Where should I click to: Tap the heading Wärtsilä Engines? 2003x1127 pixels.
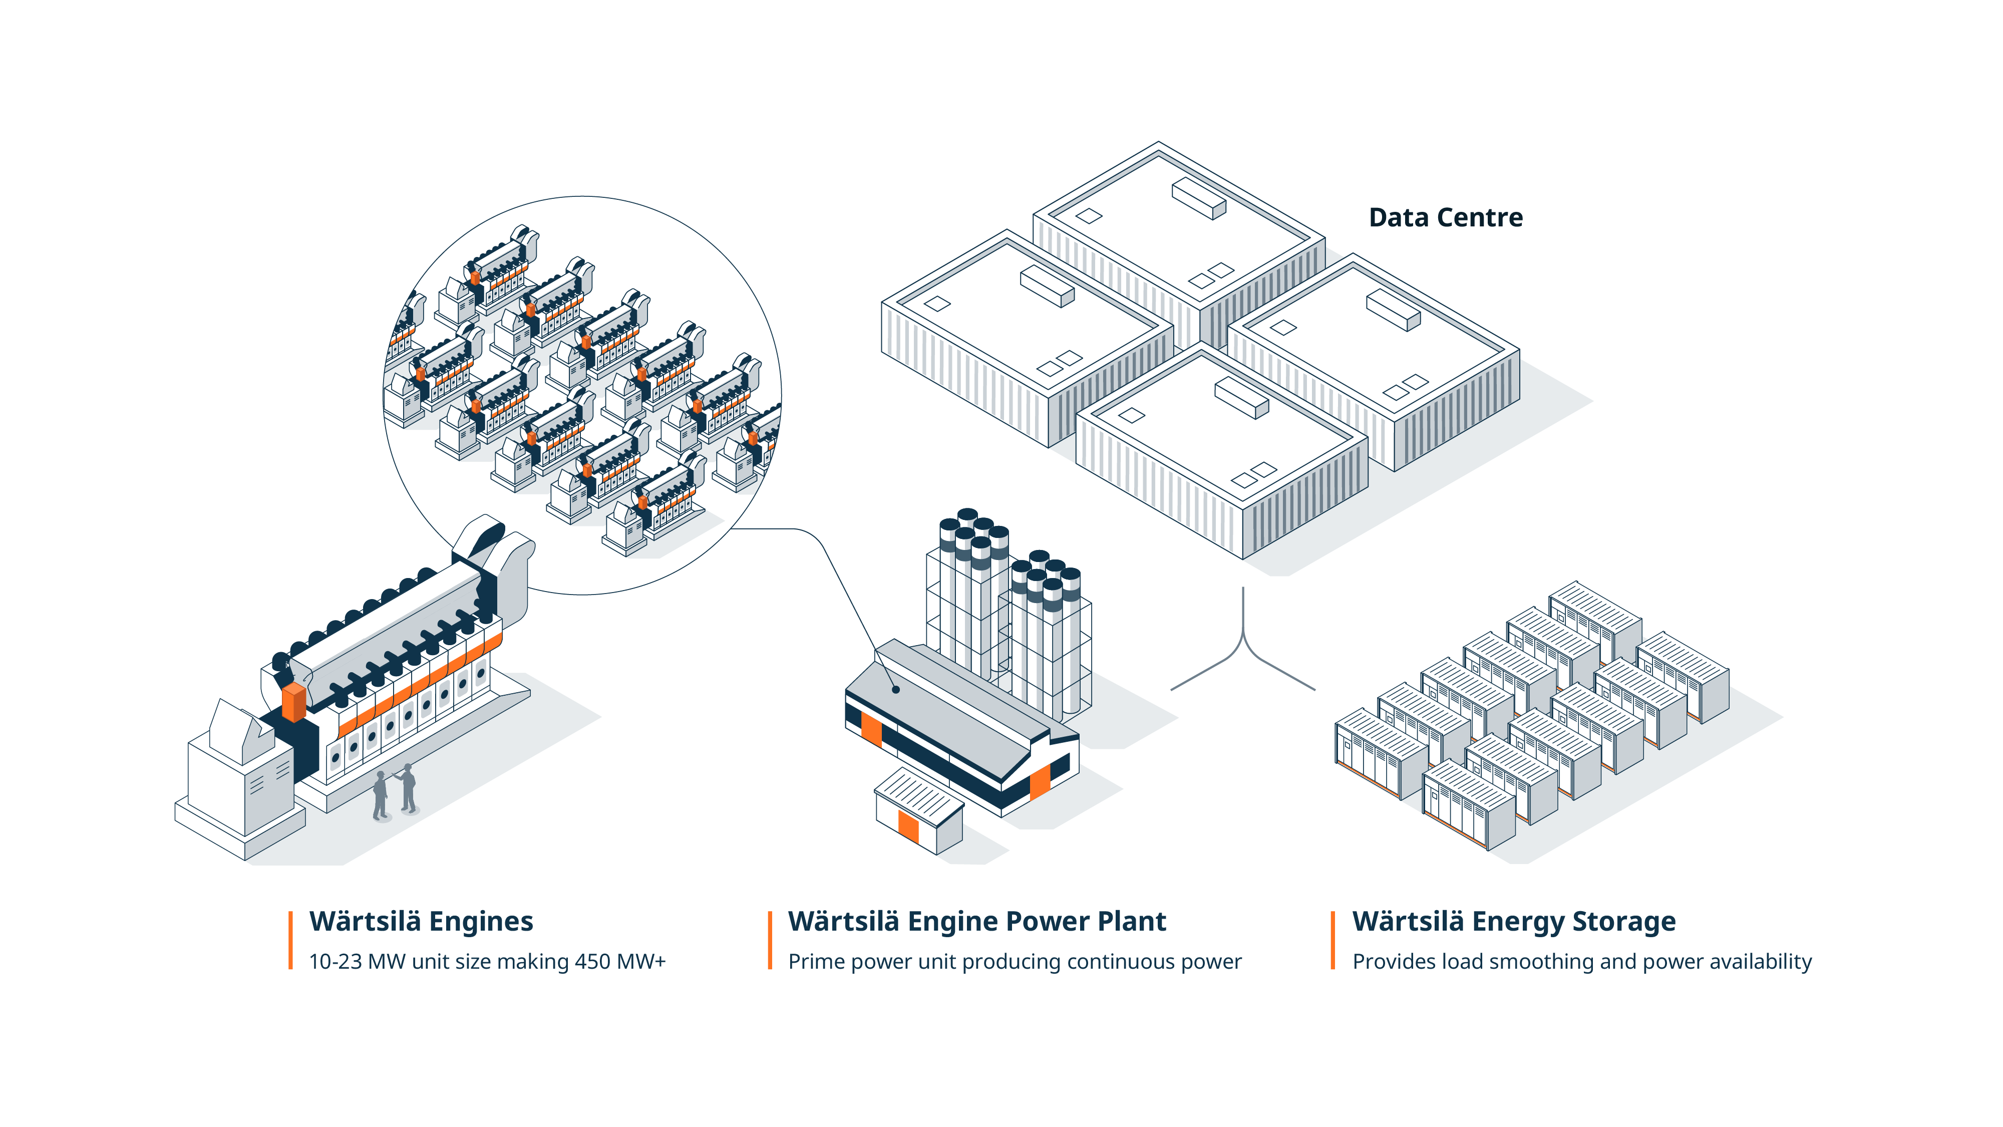click(x=421, y=921)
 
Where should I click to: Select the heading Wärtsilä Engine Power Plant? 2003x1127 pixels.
click(x=976, y=921)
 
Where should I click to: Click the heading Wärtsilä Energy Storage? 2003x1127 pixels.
click(x=1513, y=921)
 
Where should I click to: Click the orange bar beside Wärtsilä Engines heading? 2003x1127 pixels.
click(x=291, y=940)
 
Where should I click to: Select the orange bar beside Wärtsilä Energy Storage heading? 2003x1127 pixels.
click(x=1332, y=940)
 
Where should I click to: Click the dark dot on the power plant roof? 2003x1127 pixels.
click(x=896, y=689)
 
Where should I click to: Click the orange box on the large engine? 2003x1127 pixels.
click(x=294, y=702)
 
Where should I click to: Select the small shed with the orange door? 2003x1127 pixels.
click(x=919, y=811)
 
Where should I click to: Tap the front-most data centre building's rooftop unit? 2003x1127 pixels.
click(x=1241, y=397)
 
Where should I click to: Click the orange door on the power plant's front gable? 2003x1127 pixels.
click(x=1040, y=782)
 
